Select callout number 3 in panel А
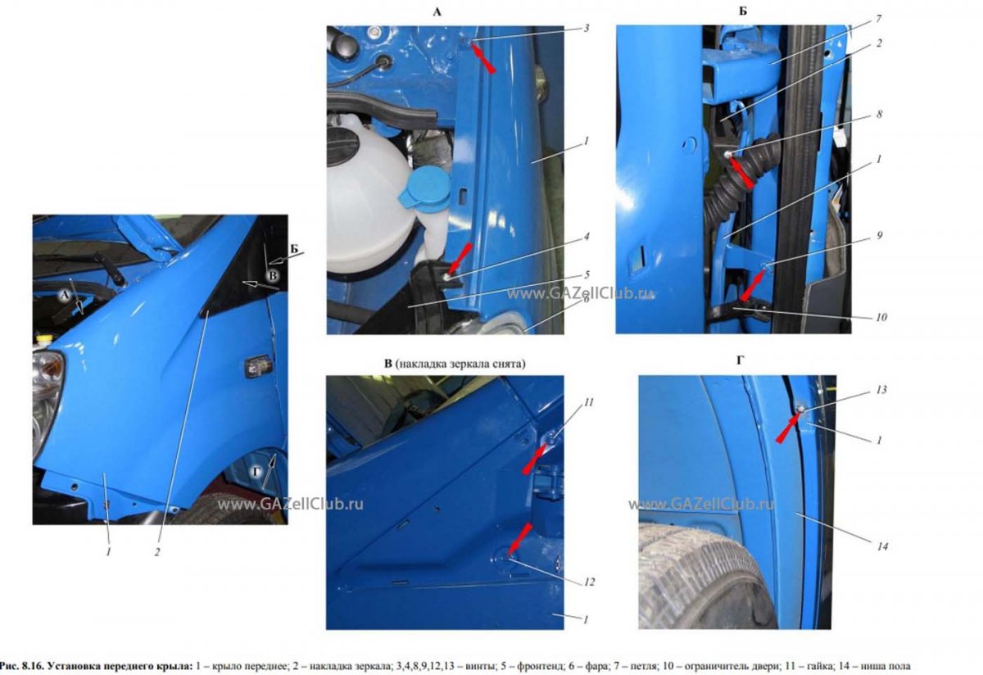tap(587, 29)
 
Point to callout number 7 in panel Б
tap(879, 20)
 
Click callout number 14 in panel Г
tap(882, 546)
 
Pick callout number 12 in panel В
tap(589, 582)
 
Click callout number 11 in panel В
tap(588, 402)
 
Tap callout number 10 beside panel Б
tap(881, 317)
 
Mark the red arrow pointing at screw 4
tap(460, 260)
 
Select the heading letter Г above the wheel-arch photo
tap(740, 360)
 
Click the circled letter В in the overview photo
tap(273, 275)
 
